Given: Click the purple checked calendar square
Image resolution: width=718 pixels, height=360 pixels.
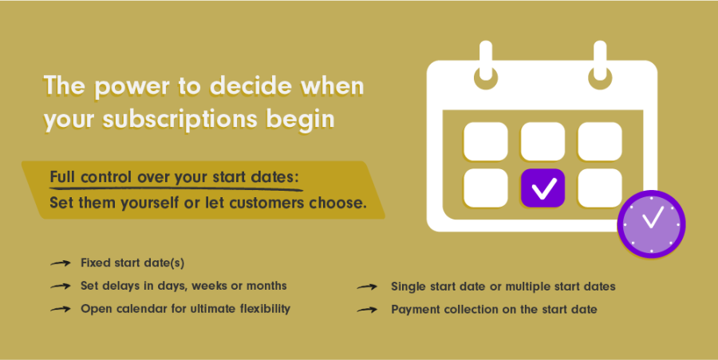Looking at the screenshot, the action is tap(542, 188).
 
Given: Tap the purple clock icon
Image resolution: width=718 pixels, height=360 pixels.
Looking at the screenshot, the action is tap(651, 224).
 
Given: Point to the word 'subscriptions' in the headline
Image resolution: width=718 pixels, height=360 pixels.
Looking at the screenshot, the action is tap(180, 120).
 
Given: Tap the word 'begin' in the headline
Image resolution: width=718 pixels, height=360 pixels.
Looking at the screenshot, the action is tap(300, 120).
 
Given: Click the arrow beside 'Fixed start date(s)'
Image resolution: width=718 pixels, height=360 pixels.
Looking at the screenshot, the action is tap(61, 263).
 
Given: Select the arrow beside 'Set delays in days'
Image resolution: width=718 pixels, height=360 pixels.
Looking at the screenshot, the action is tap(61, 286).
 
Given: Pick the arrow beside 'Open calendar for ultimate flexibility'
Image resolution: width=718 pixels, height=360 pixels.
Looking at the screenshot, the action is tap(61, 309).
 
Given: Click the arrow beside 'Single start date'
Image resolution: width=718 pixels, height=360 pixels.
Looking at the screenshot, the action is tap(367, 287).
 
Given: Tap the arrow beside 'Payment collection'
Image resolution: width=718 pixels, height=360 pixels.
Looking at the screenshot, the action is tap(367, 310).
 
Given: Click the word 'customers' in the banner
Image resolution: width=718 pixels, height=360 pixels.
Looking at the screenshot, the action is tap(266, 203).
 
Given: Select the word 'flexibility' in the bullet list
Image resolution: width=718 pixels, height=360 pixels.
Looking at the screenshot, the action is tap(265, 309).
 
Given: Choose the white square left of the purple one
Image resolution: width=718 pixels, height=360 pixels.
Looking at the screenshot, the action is tap(485, 188).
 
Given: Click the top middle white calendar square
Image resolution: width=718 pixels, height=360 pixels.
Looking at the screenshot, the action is tap(542, 141).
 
